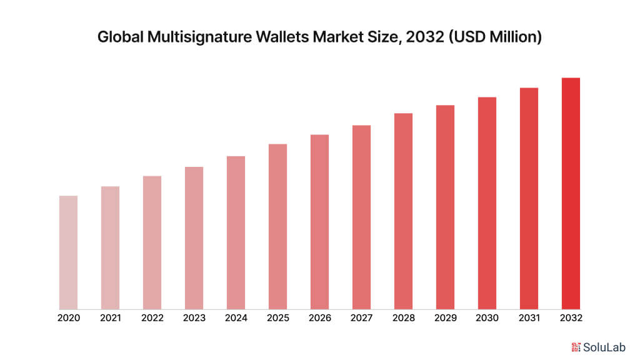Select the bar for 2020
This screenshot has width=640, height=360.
(x=69, y=252)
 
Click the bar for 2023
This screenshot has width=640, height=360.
(x=194, y=238)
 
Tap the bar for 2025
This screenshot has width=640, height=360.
(x=278, y=227)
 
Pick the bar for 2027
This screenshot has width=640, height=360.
(x=361, y=217)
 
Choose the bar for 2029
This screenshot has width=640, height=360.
(x=445, y=207)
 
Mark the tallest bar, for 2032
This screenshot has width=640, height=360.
(x=571, y=194)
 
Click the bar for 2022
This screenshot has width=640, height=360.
(x=152, y=242)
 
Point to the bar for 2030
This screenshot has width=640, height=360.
(x=487, y=203)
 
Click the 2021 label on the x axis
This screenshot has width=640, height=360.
(x=111, y=318)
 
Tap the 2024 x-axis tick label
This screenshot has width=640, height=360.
(x=236, y=318)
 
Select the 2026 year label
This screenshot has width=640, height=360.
(x=320, y=318)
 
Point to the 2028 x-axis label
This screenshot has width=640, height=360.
(x=403, y=318)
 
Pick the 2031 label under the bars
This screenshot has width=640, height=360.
(x=529, y=318)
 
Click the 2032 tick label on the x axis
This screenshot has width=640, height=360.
(x=571, y=318)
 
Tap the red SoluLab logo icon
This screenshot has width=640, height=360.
(x=576, y=347)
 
